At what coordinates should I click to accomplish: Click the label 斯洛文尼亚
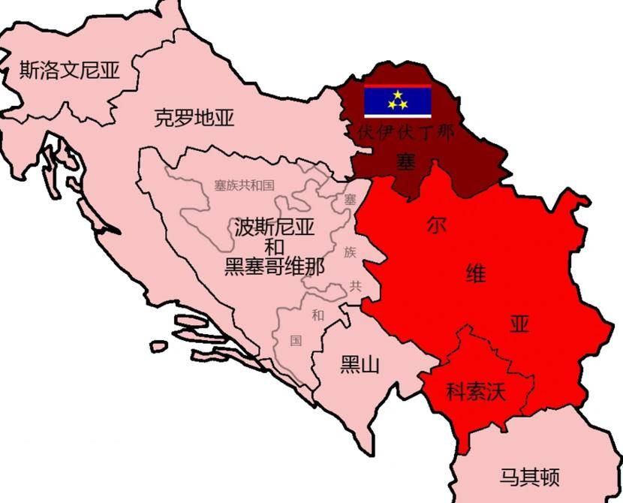click(69, 71)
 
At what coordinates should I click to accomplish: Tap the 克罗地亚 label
click(194, 117)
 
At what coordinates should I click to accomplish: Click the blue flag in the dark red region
click(397, 102)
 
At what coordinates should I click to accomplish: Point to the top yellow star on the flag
click(397, 94)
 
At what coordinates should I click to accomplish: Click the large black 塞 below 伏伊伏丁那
click(405, 161)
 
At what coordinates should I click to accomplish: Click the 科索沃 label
click(476, 391)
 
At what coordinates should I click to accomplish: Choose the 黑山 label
click(360, 366)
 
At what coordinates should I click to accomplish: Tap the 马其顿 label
click(529, 477)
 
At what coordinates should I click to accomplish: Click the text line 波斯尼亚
click(274, 226)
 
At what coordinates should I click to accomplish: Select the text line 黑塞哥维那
click(275, 267)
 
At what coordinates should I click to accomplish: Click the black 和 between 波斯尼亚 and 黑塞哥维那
click(274, 246)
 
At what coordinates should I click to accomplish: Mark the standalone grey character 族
click(351, 251)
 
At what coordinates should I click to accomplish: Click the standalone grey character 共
click(354, 285)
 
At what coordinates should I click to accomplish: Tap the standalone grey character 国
click(296, 341)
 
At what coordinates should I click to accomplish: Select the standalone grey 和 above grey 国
click(318, 315)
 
